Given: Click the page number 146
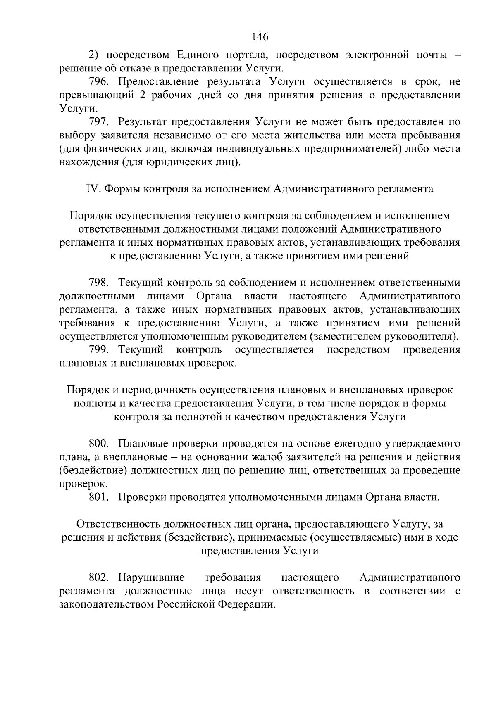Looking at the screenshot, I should point(260,37).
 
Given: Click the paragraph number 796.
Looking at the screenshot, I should point(99,82).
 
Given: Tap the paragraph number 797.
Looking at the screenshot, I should point(99,122).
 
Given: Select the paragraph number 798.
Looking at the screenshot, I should point(99,283).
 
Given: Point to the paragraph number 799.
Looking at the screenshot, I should point(99,350).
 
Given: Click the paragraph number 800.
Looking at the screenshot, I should point(99,444).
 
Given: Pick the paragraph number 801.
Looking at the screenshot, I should point(99,497).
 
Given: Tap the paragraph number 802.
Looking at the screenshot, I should point(99,577).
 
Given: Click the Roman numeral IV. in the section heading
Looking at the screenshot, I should point(93,189).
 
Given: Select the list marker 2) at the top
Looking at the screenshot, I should point(94,55).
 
